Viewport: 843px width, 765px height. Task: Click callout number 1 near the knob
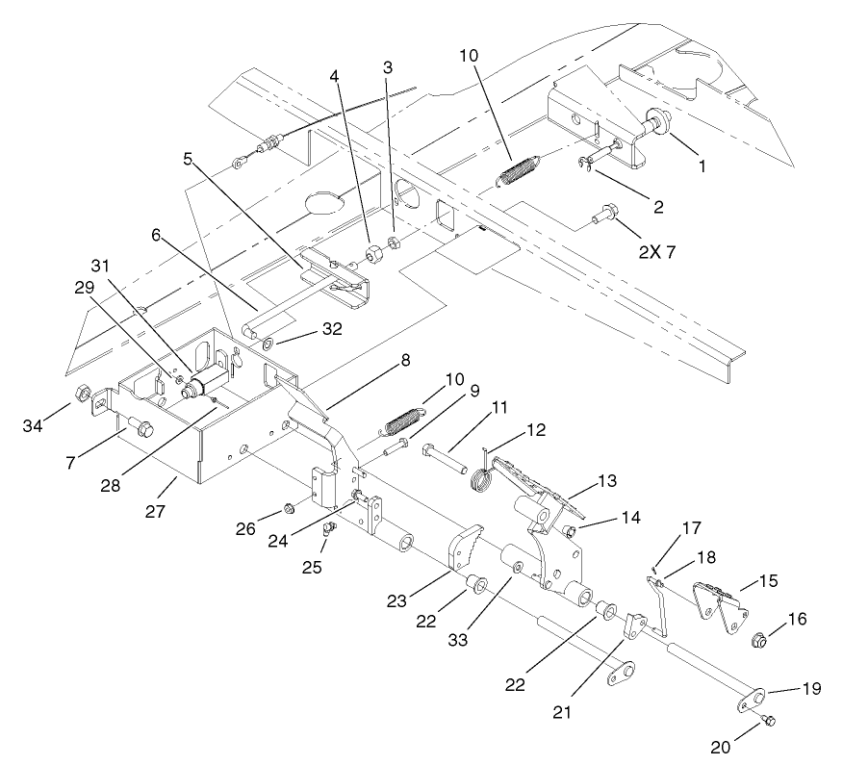[x=702, y=166]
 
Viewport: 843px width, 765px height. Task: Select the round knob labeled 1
[x=658, y=121]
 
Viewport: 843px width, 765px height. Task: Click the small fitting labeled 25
[x=326, y=526]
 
